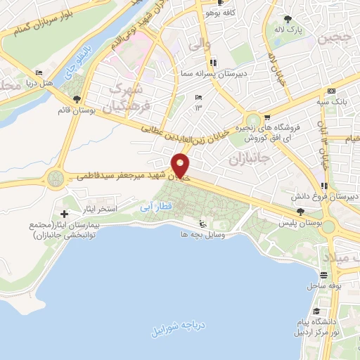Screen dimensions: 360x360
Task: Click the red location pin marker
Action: click(181, 166)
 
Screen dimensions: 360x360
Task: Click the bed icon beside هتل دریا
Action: click(39, 72)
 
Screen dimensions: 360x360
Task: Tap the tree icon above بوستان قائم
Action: click(76, 98)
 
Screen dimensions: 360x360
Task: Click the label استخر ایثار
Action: click(96, 210)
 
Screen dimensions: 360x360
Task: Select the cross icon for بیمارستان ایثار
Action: click(65, 213)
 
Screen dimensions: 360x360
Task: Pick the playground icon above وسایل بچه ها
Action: click(204, 222)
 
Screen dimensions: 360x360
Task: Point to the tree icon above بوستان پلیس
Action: click(300, 211)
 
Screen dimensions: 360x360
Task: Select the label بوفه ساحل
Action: click(323, 286)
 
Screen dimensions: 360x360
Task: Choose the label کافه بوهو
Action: click(217, 13)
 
